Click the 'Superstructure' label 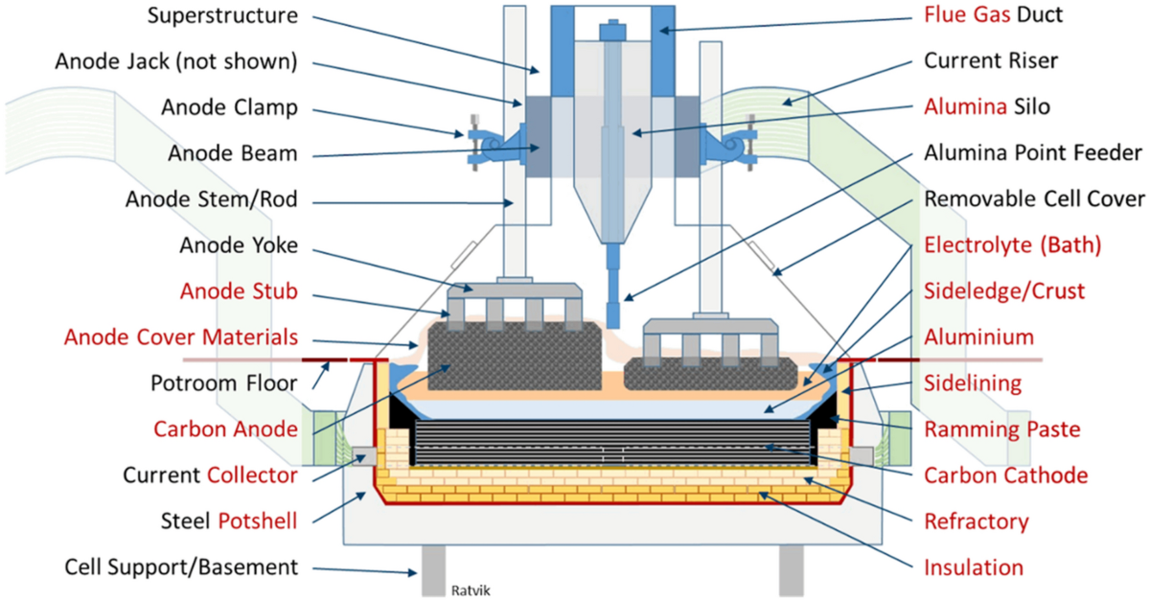(x=222, y=15)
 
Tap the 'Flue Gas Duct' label (x=993, y=14)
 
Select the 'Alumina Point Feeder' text (x=1033, y=152)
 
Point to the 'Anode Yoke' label (x=239, y=245)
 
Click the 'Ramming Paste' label (x=1002, y=428)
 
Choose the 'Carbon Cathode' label (x=1005, y=475)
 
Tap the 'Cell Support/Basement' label (x=181, y=567)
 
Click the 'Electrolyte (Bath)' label (x=1012, y=245)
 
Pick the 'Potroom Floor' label (x=224, y=383)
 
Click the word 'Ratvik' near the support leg (x=471, y=590)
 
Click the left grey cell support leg (x=434, y=570)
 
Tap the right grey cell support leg (x=792, y=570)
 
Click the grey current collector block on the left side (x=364, y=455)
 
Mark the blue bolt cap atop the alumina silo (x=612, y=31)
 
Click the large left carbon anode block (x=515, y=355)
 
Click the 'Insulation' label (x=974, y=567)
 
